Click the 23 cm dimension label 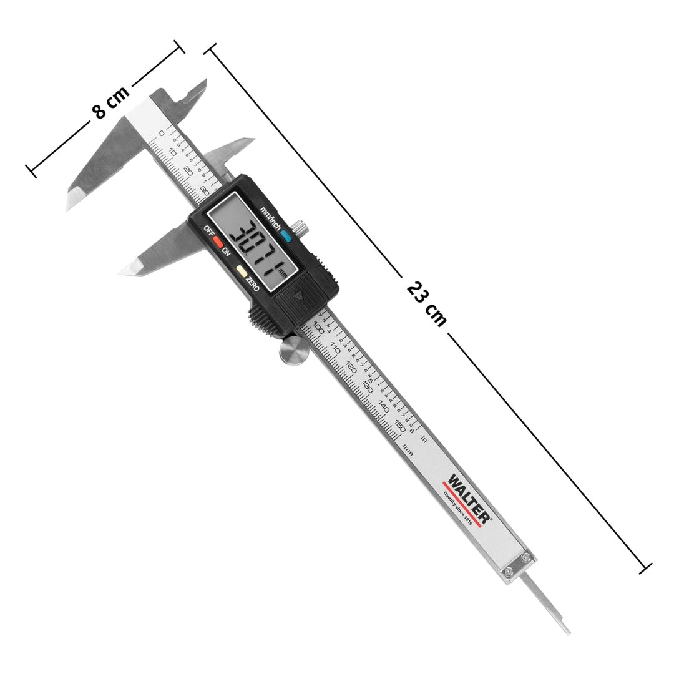pyautogui.click(x=427, y=305)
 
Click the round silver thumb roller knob pyautogui.click(x=293, y=351)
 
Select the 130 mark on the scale pyautogui.click(x=368, y=387)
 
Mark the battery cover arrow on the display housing pyautogui.click(x=298, y=298)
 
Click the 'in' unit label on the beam pyautogui.click(x=424, y=439)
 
